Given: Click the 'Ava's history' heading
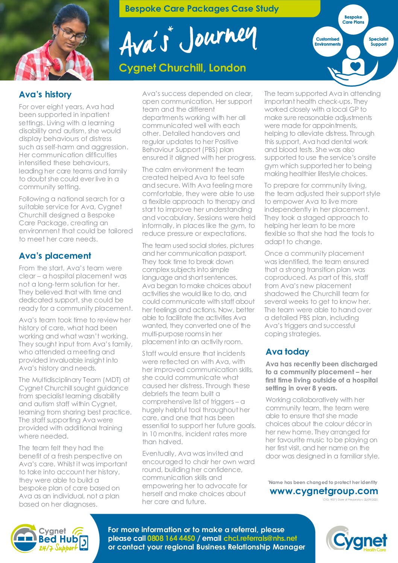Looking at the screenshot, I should (45, 94).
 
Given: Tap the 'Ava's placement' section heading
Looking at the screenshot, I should (55, 256).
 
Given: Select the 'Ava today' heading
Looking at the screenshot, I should (287, 352).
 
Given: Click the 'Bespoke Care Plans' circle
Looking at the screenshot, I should (353, 20).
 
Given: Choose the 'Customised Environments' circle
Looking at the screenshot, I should (327, 42).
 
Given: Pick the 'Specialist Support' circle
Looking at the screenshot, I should (378, 42).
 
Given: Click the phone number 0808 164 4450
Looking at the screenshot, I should (171, 538).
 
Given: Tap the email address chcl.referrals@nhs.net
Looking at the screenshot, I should (260, 538).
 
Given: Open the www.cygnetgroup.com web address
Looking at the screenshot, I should (324, 491).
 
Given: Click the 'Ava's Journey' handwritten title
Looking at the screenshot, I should (188, 41).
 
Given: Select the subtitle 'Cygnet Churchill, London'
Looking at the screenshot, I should (182, 68).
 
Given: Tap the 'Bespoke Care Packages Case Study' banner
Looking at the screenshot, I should (202, 9).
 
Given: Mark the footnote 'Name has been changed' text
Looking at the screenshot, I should (323, 482).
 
